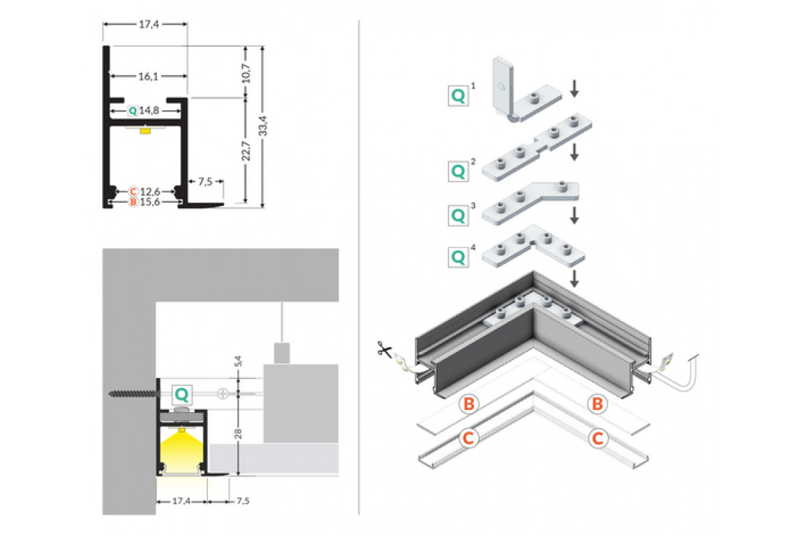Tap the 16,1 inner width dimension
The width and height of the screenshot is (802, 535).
148,77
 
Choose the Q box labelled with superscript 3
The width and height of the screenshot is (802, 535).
458,215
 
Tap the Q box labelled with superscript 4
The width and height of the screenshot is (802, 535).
458,257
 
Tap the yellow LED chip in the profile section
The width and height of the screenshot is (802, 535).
144,130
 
